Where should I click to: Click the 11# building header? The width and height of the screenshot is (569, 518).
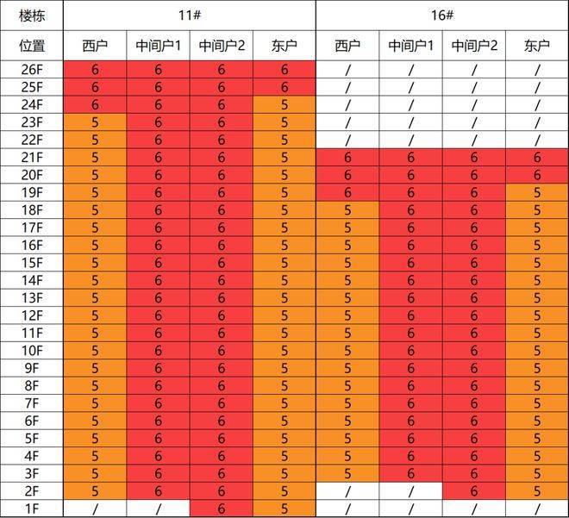tap(189, 16)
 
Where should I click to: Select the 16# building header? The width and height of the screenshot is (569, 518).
tap(442, 16)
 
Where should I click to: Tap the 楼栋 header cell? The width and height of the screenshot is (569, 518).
tap(32, 16)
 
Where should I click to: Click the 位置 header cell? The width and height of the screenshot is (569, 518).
tap(32, 46)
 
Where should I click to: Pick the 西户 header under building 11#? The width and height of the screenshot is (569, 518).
tap(95, 46)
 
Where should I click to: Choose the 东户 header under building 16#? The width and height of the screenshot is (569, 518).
tap(537, 46)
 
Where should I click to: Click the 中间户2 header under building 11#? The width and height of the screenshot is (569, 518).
tap(222, 46)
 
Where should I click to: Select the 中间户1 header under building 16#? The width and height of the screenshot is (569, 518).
tap(410, 46)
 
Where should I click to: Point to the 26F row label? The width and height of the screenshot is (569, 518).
tap(32, 70)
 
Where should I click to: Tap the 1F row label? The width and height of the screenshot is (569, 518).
tap(32, 509)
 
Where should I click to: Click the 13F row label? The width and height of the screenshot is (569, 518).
tap(32, 297)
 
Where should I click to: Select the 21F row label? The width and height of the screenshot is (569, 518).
tap(32, 158)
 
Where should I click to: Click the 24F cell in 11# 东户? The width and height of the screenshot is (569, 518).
tap(284, 105)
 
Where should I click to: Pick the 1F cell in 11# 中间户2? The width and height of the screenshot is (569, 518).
tap(222, 509)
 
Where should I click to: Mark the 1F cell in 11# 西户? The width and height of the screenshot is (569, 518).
tap(95, 509)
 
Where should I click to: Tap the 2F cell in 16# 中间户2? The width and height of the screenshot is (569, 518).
tap(474, 491)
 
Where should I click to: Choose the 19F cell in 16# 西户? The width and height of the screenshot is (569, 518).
tap(347, 192)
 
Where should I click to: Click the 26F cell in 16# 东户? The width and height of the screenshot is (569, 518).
tap(537, 70)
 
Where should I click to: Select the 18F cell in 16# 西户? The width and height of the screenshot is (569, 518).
tap(347, 210)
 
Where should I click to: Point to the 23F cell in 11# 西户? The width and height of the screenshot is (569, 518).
tap(95, 122)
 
